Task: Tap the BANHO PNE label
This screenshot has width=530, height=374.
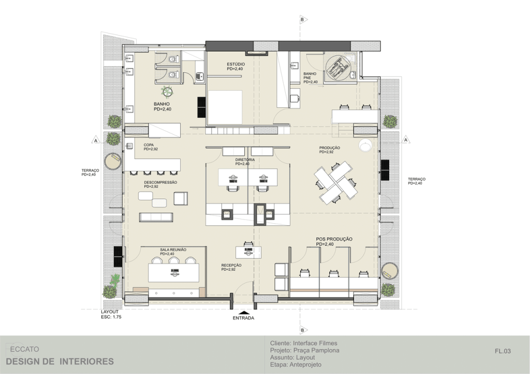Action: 311,77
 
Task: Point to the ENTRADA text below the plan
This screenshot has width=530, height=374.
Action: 243,318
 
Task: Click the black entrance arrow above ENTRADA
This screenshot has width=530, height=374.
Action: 244,312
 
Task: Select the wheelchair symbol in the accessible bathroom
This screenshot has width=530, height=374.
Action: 338,67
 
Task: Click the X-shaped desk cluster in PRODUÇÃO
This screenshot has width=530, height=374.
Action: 335,183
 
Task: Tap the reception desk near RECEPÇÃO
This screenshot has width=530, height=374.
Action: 248,252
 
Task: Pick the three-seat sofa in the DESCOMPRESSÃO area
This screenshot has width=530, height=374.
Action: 156,217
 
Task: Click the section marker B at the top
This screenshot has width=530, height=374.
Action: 303,20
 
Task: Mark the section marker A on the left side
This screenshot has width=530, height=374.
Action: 96,141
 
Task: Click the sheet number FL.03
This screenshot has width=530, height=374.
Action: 503,351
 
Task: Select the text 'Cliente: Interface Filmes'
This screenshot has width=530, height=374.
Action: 303,344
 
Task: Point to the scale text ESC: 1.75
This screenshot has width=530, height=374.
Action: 111,317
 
